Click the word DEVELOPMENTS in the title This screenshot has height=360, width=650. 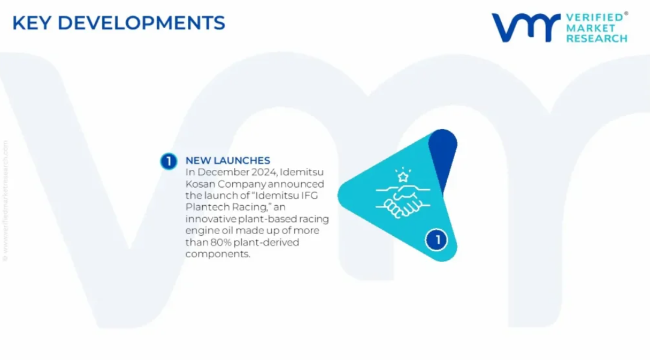(142, 23)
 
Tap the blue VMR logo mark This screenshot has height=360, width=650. (526, 28)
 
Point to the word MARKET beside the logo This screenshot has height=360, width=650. (591, 28)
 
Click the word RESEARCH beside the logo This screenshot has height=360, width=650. (597, 38)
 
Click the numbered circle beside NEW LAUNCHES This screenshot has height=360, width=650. (169, 161)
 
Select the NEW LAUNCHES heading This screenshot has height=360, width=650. (227, 160)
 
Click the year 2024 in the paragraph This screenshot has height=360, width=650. (264, 172)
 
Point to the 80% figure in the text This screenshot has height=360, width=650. (220, 242)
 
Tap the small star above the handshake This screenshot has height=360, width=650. (403, 178)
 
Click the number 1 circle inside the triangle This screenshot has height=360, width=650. (436, 239)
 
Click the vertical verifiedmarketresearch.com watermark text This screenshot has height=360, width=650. (5, 201)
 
